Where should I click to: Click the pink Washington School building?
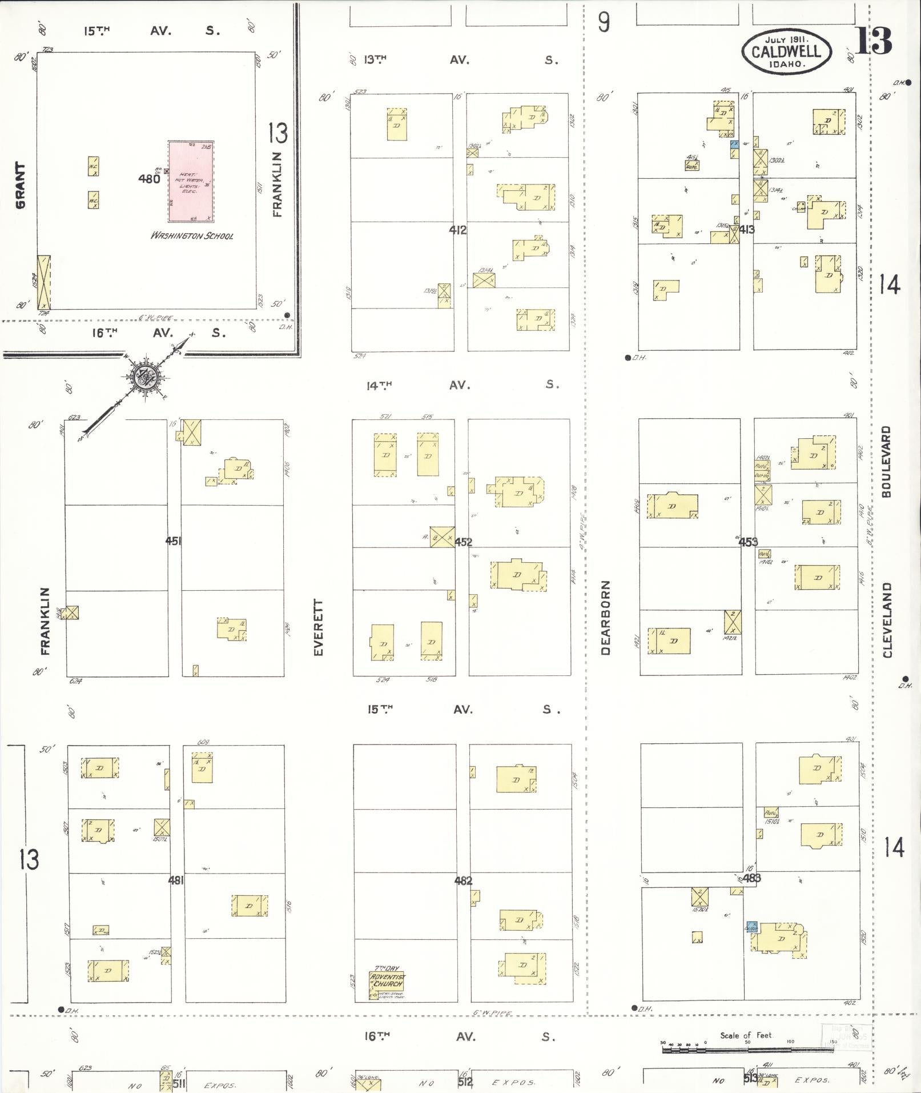coord(191,181)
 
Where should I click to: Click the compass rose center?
coord(143,377)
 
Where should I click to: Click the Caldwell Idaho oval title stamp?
coord(786,51)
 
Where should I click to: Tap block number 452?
coord(464,542)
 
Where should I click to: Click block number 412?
coord(458,230)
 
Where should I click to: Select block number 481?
coord(176,880)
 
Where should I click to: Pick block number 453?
coord(748,542)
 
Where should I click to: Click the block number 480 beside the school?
coord(149,179)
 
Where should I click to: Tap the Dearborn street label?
coord(606,617)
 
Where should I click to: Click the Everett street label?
coord(319,627)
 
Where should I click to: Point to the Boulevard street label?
coord(886,461)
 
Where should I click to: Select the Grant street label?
coord(21,185)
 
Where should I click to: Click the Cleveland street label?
coord(887,620)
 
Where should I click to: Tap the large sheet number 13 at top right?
coord(872,40)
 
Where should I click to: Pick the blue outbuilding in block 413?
coord(735,145)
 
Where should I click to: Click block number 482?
coord(463,880)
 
